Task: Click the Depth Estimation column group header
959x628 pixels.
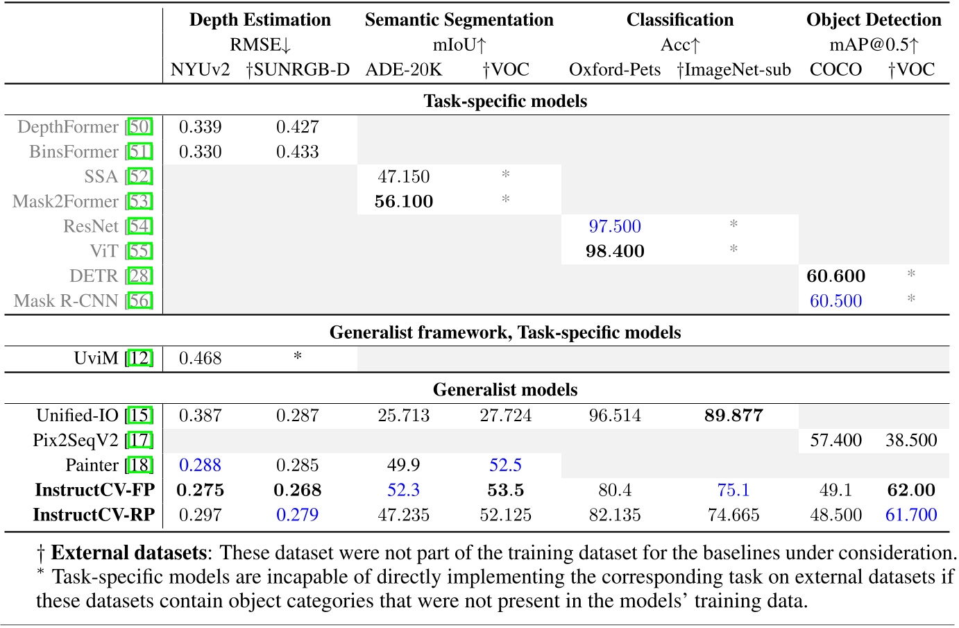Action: (x=260, y=19)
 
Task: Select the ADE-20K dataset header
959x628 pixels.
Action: (x=403, y=69)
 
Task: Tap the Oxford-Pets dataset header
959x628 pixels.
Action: (x=615, y=69)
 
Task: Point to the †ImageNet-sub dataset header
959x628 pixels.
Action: (x=733, y=69)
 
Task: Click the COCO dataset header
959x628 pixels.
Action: (x=835, y=69)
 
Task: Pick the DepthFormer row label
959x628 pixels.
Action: (x=68, y=127)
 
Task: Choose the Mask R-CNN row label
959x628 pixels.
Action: (x=66, y=301)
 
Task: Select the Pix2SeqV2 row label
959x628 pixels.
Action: (x=76, y=441)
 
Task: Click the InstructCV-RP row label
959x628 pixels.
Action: (x=94, y=515)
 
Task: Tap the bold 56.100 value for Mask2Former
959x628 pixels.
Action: (x=403, y=202)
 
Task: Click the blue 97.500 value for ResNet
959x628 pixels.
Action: (x=615, y=226)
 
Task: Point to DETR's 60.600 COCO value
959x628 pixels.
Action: (x=835, y=276)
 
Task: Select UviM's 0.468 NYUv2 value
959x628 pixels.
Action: (x=201, y=359)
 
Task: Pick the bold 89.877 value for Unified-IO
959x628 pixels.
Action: (x=733, y=416)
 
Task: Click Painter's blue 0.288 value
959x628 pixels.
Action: (x=201, y=466)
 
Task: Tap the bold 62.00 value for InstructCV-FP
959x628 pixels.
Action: (x=911, y=491)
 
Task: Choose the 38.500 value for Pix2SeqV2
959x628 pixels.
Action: (x=911, y=441)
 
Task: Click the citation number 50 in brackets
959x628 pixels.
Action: (x=139, y=127)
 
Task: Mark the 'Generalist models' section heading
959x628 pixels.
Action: (x=504, y=390)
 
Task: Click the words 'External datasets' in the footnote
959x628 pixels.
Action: (x=128, y=553)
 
